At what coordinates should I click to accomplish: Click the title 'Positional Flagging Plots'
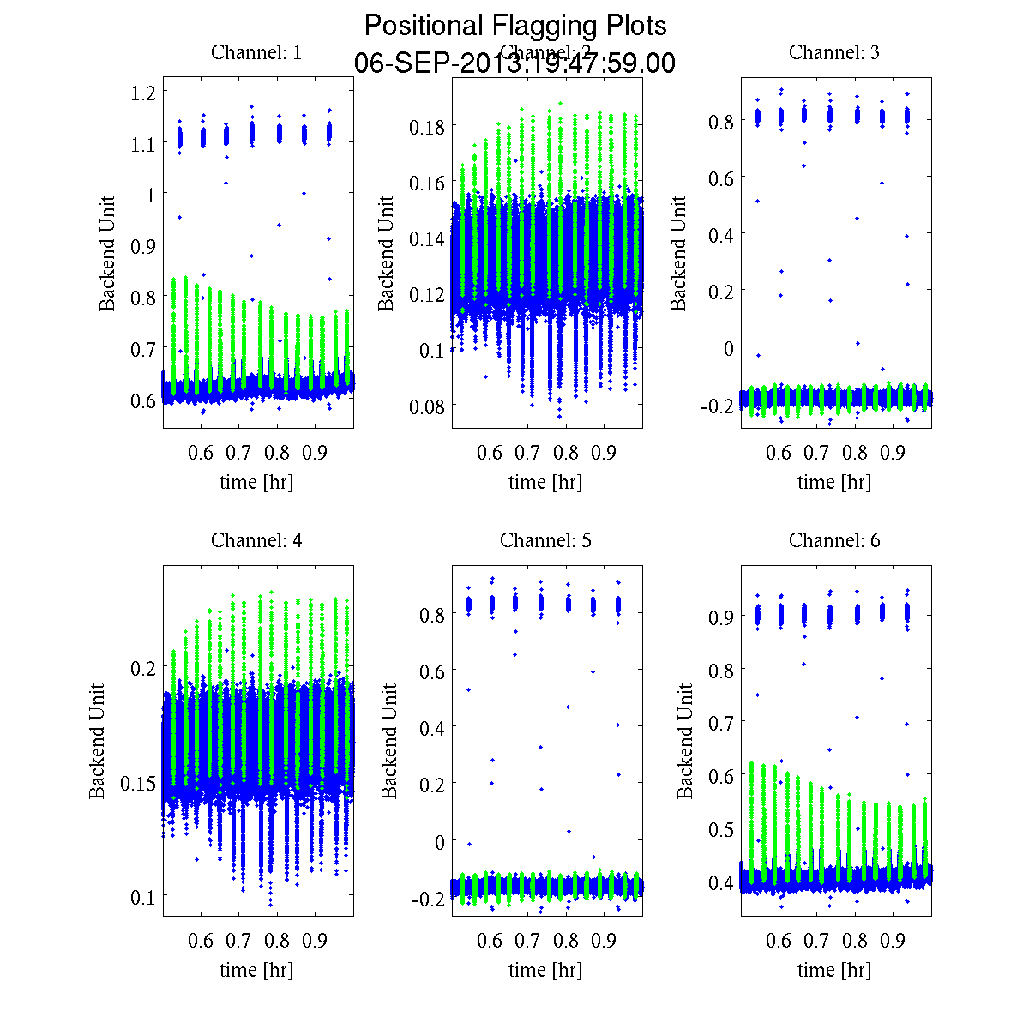[x=514, y=26]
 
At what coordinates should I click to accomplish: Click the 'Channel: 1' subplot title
[x=256, y=52]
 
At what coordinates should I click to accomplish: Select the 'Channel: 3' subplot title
[x=833, y=52]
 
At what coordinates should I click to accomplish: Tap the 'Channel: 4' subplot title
[x=256, y=540]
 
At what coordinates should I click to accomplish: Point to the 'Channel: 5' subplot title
[x=545, y=540]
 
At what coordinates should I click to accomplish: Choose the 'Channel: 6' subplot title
[x=833, y=540]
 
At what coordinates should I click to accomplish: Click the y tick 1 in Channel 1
[x=151, y=195]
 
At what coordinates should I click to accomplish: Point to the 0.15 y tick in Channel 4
[x=136, y=783]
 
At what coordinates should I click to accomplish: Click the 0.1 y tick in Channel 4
[x=141, y=897]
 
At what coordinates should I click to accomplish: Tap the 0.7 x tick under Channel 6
[x=817, y=941]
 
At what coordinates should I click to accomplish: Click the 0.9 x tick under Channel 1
[x=316, y=453]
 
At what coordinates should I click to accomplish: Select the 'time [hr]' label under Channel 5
[x=545, y=970]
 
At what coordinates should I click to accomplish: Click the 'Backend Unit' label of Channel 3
[x=678, y=253]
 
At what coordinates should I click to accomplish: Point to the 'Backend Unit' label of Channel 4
[x=97, y=741]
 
